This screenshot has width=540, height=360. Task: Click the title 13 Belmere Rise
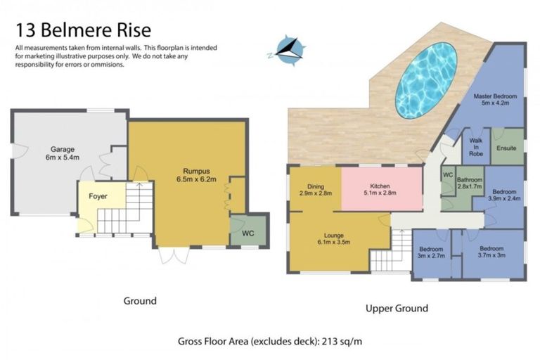[x=82, y=31]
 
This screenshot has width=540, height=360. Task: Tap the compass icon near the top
[x=288, y=50]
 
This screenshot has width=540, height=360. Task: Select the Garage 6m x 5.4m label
[x=63, y=153]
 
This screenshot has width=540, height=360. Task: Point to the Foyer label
[x=98, y=196]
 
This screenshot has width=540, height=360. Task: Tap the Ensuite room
[x=506, y=148]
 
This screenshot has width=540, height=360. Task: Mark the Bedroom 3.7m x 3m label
[x=491, y=252]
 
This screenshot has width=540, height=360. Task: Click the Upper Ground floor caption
[x=397, y=308]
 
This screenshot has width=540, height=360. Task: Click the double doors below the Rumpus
[x=169, y=255]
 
